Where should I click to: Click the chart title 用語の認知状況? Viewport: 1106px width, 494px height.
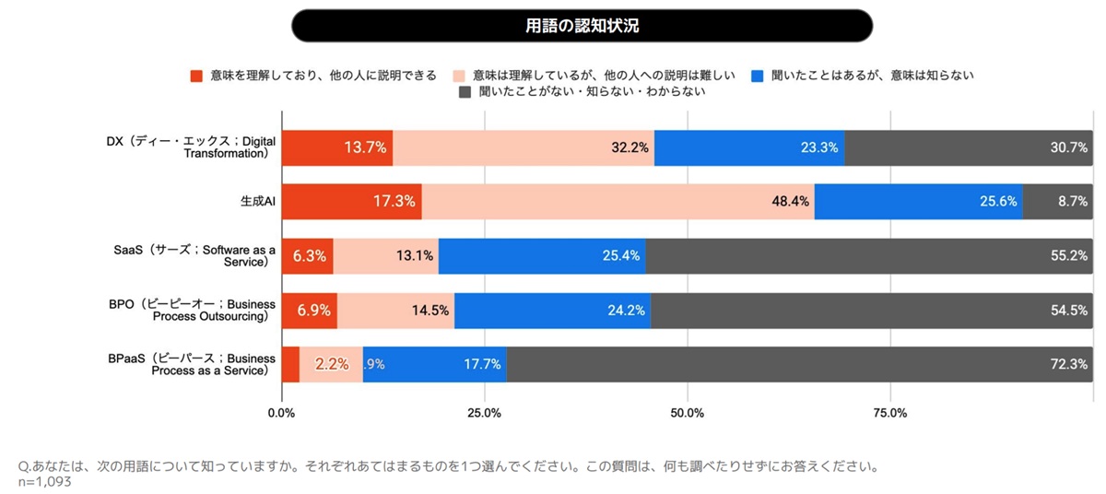click(582, 26)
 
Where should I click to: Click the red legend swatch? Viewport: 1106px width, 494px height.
click(195, 76)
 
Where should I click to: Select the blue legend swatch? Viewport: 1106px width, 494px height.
click(758, 76)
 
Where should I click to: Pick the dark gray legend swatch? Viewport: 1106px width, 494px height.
click(465, 92)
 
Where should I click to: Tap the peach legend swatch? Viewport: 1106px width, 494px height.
click(459, 76)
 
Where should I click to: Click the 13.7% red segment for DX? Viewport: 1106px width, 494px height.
click(337, 147)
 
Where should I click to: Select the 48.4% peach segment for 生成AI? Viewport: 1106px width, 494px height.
click(618, 201)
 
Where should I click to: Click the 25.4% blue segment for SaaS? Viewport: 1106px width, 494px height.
click(542, 256)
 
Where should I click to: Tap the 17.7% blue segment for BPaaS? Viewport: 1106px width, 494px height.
click(435, 364)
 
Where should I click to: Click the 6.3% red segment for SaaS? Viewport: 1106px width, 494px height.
click(308, 256)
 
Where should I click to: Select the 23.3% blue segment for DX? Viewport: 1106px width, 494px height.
click(749, 147)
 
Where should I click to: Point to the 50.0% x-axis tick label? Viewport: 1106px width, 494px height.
click(688, 413)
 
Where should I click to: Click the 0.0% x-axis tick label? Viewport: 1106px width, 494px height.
click(281, 413)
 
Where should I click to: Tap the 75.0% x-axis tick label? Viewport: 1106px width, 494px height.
click(890, 413)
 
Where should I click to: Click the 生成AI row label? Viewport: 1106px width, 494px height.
click(258, 201)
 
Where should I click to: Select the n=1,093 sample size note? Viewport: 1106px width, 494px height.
click(45, 481)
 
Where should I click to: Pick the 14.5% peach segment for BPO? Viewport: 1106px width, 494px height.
click(395, 311)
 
